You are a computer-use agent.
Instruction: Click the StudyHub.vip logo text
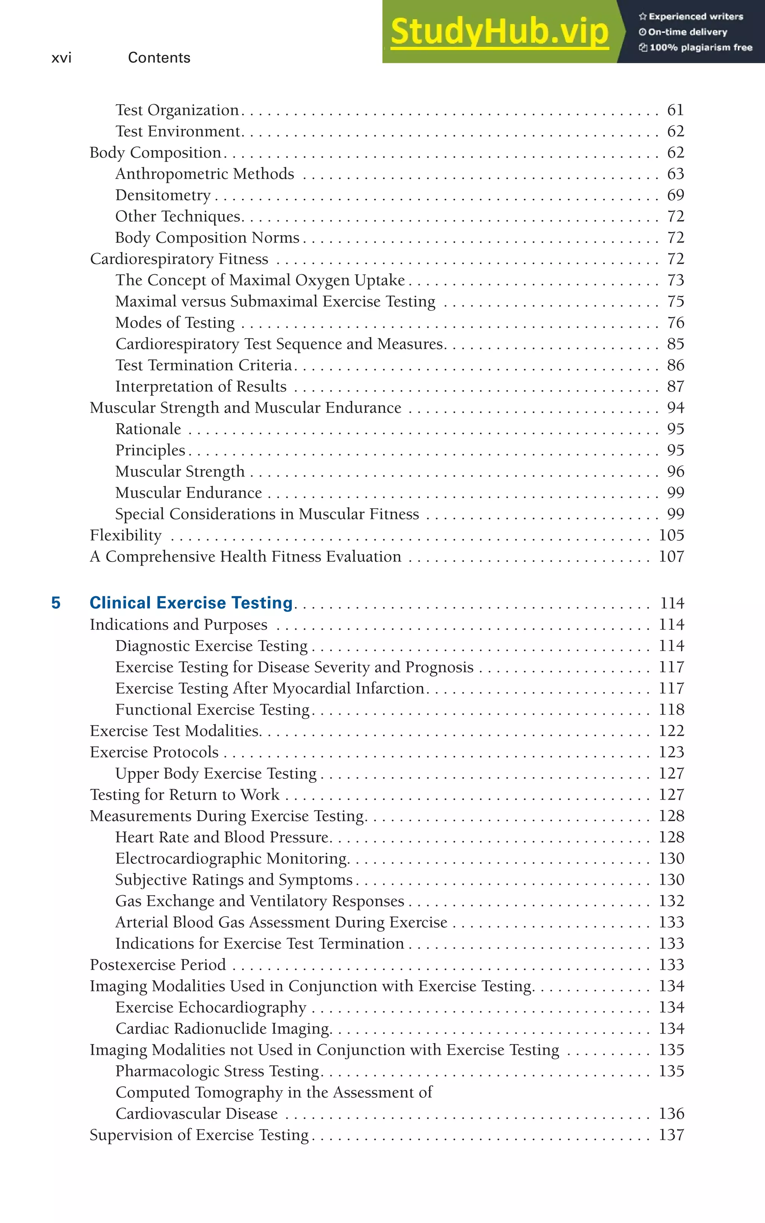coord(499,32)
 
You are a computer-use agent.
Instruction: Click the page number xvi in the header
coord(61,58)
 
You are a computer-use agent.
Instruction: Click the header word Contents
coord(159,58)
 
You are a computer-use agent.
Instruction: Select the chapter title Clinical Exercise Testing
coord(191,603)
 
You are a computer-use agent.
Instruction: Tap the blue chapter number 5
coord(56,603)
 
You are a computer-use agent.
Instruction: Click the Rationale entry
coord(148,429)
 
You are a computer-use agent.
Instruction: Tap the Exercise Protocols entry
coord(154,752)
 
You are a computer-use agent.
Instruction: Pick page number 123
coord(671,752)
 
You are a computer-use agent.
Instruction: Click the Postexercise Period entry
coord(158,964)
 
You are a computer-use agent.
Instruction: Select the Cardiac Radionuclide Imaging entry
coord(223,1028)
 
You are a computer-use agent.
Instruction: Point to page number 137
coord(671,1134)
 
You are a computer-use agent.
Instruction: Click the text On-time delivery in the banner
coord(687,32)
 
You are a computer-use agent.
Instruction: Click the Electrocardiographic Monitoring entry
coord(231,858)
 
